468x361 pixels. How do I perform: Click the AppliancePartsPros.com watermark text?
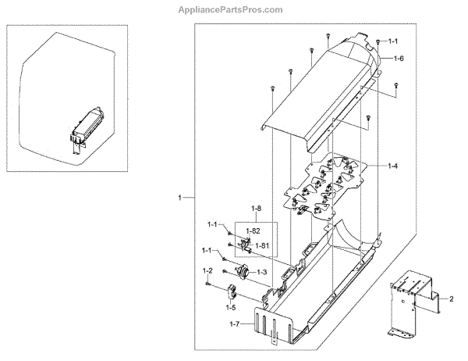point(233,9)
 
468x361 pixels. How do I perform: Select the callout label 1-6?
point(399,59)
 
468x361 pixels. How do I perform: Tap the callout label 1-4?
point(395,166)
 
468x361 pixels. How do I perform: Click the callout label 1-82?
point(253,232)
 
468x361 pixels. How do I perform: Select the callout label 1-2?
point(207,270)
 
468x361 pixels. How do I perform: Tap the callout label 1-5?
point(231,308)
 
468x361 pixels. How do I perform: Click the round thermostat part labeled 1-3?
point(243,272)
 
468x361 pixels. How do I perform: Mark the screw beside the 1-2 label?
point(208,283)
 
